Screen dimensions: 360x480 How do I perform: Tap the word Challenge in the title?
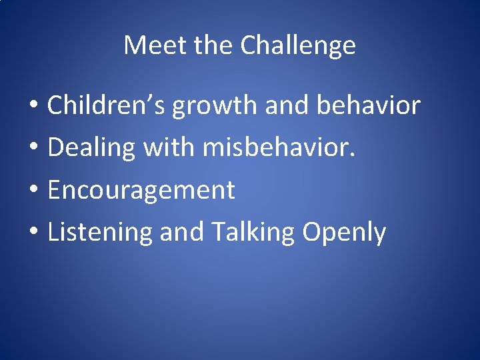click(x=298, y=45)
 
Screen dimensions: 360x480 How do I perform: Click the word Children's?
click(x=107, y=105)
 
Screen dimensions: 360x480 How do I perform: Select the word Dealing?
click(x=91, y=148)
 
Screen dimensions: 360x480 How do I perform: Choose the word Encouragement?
click(x=141, y=191)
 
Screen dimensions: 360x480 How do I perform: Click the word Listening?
click(x=100, y=233)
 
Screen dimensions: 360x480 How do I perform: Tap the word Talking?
click(x=253, y=233)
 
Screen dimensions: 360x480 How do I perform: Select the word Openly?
click(x=344, y=233)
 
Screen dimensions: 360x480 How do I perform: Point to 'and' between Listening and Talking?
click(x=182, y=233)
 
